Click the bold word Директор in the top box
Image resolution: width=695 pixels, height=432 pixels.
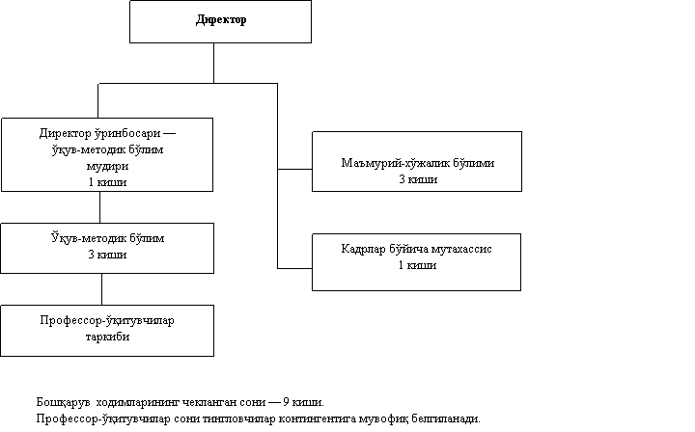tap(221, 20)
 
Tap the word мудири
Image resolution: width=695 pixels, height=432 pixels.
tap(107, 166)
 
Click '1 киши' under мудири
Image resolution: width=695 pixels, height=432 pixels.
tap(107, 182)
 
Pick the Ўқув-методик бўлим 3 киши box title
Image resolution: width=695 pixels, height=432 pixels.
tap(107, 238)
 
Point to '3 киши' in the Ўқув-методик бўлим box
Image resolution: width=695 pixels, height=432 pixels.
tap(107, 255)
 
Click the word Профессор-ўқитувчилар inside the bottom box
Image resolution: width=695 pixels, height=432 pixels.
tap(107, 320)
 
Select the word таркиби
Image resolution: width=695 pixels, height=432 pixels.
tap(107, 337)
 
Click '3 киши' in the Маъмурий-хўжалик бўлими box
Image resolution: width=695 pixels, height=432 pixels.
tap(418, 179)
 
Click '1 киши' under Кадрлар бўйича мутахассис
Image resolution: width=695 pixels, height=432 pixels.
tap(418, 265)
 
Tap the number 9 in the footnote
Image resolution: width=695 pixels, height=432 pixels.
tap(286, 402)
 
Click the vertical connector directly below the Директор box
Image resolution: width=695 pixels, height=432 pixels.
tap(213, 63)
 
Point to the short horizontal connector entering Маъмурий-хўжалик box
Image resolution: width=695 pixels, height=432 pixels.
tap(294, 169)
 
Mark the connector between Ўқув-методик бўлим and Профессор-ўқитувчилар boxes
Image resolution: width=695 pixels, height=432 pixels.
tap(101, 289)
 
